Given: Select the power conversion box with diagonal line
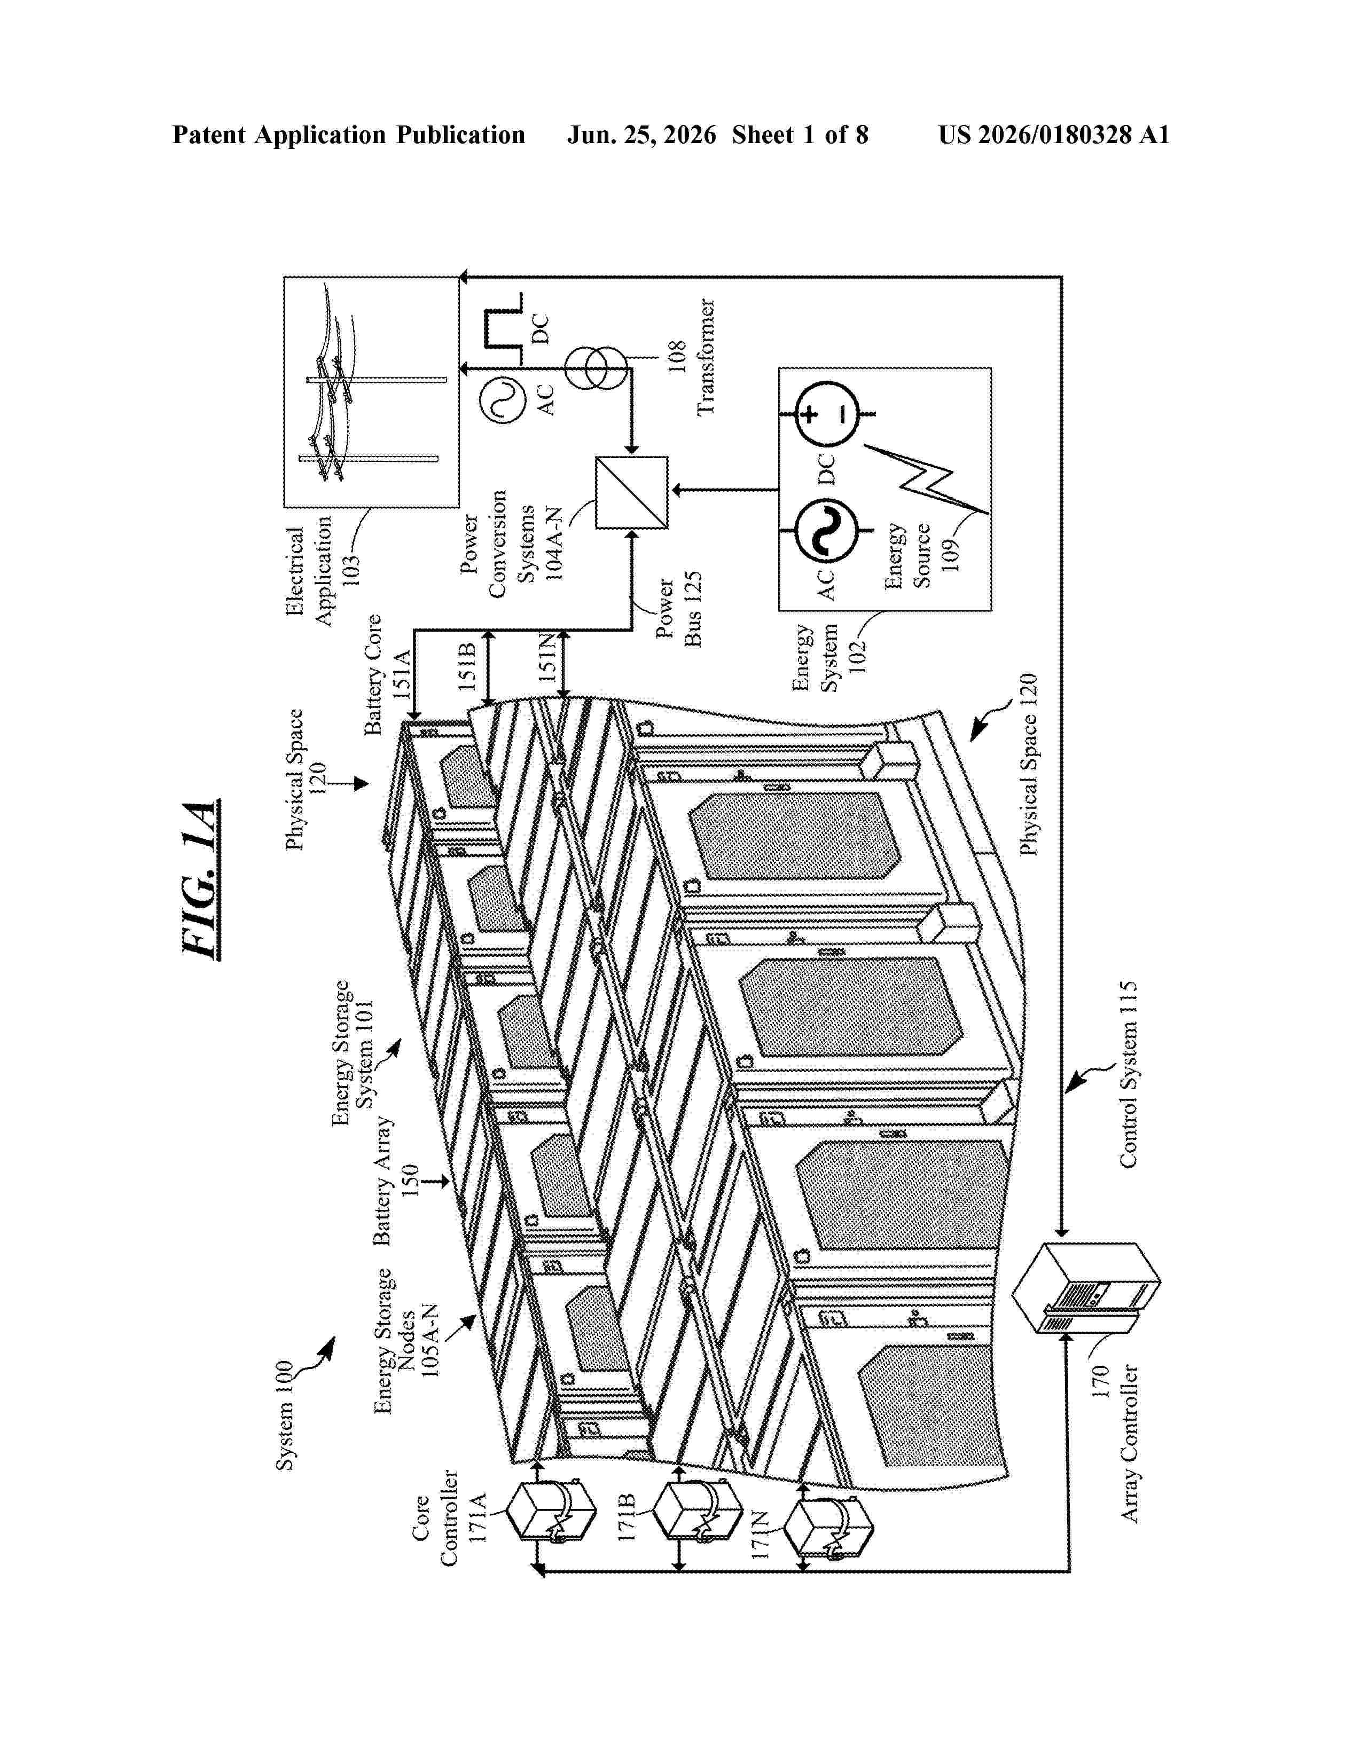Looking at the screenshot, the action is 631,493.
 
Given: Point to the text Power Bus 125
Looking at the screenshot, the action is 679,610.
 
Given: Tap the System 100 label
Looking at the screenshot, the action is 284,1416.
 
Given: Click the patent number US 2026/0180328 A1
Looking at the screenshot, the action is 1054,135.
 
